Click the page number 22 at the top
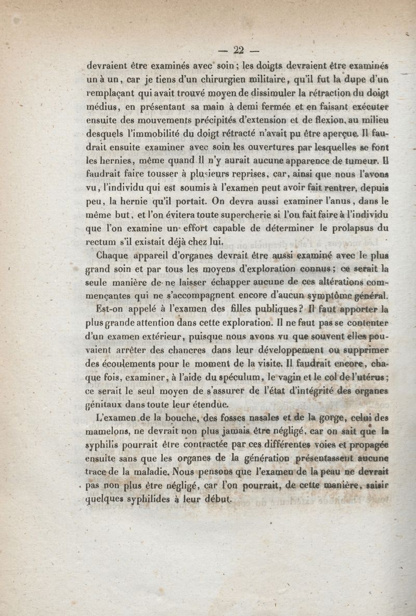point(239,50)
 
